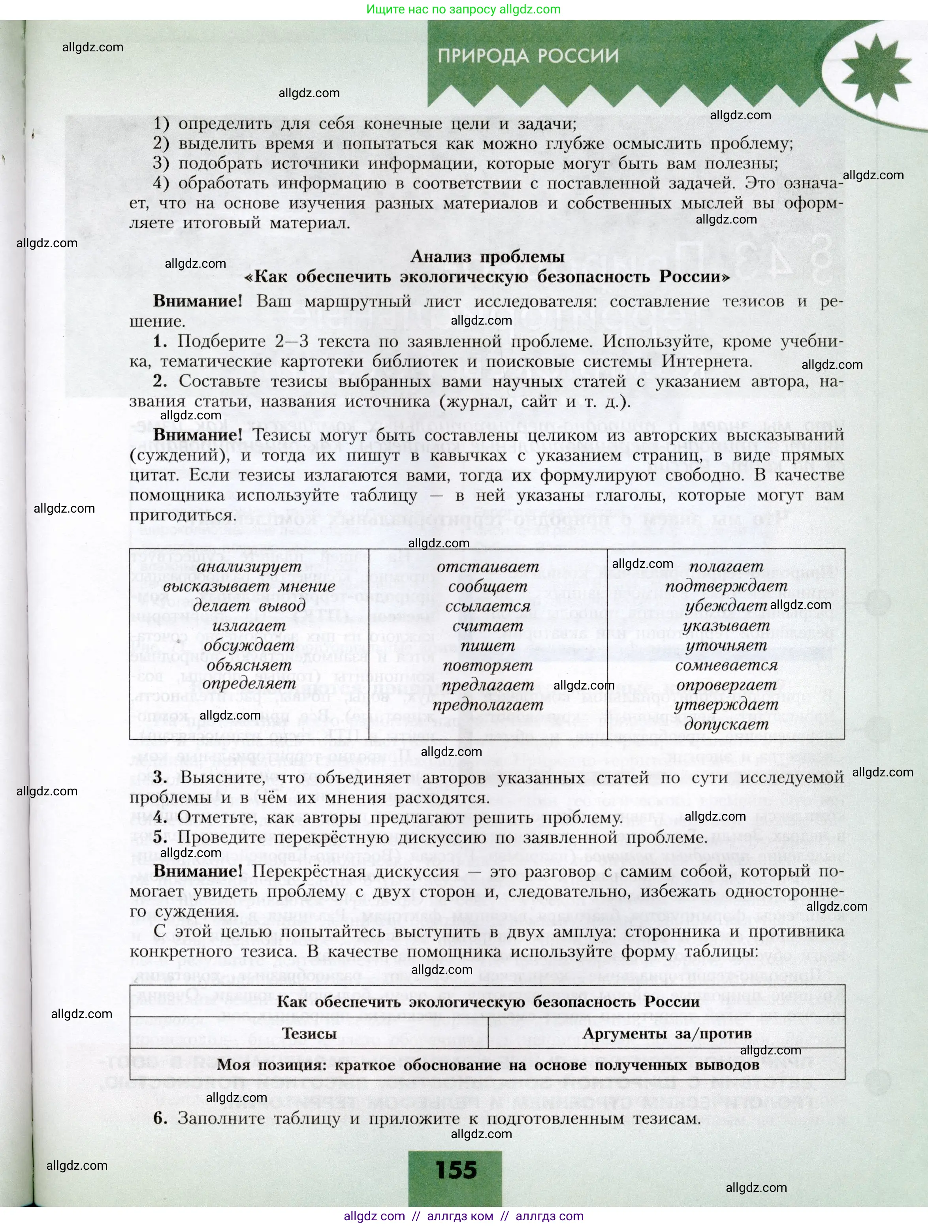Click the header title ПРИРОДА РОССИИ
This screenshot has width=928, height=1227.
pos(527,56)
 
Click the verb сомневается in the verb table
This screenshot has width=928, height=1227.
pos(726,665)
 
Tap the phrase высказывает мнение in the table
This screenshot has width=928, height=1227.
pos(249,586)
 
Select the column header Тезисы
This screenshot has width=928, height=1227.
pos(309,1033)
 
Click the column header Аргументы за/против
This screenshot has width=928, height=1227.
pos(666,1033)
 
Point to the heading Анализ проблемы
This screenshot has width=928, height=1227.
pos(488,257)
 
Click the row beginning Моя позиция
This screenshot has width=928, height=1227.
pos(488,1065)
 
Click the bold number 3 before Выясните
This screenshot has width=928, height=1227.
pos(160,778)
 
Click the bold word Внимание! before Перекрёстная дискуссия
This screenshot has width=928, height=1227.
pos(198,872)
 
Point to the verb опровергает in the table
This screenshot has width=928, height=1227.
pos(726,685)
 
